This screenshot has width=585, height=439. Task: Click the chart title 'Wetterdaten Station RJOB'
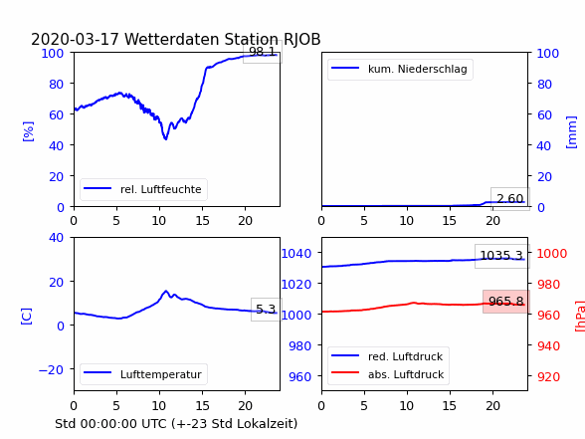(x=222, y=39)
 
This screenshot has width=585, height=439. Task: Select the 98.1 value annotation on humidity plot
(x=263, y=51)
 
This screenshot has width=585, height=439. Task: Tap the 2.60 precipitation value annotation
(x=509, y=199)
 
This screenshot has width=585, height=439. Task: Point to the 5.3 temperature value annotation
(x=266, y=309)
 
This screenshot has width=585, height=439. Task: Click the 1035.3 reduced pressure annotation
(x=501, y=256)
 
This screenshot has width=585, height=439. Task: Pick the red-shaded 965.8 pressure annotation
(x=505, y=301)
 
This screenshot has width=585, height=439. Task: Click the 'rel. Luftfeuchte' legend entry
(x=143, y=189)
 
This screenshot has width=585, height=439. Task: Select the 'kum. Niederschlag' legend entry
(x=400, y=69)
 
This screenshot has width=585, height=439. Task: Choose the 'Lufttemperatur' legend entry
(x=143, y=374)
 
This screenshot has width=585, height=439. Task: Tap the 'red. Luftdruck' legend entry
(x=387, y=356)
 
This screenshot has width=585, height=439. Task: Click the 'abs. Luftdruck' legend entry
(x=388, y=374)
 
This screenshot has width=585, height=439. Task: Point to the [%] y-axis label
(x=28, y=131)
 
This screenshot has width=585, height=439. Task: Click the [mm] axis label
(x=571, y=132)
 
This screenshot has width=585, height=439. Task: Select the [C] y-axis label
(x=26, y=317)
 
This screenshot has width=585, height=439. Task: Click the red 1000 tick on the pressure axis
(x=552, y=254)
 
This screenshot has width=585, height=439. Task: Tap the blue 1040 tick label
(x=296, y=254)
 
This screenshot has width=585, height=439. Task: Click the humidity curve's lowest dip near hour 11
(x=165, y=139)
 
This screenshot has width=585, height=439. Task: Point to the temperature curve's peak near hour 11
(x=166, y=291)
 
